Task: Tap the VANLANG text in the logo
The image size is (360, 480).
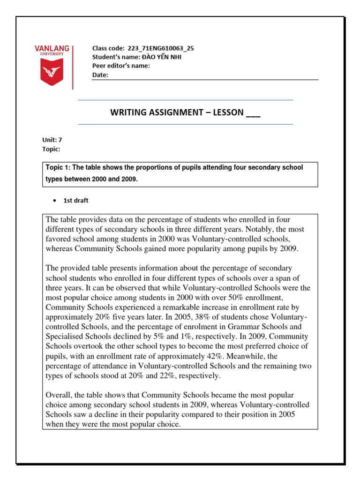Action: pyautogui.click(x=52, y=49)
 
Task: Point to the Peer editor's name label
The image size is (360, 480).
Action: pyautogui.click(x=121, y=66)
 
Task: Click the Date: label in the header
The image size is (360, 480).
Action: pyautogui.click(x=100, y=75)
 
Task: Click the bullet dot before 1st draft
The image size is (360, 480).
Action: pyautogui.click(x=54, y=201)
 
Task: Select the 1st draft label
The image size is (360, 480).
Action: pyautogui.click(x=76, y=201)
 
